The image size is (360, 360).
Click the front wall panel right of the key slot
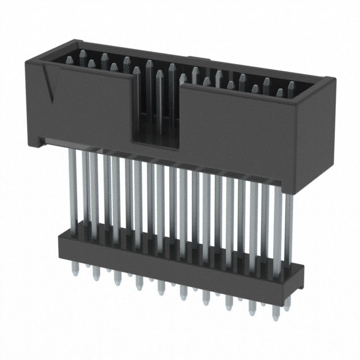[x=242, y=135]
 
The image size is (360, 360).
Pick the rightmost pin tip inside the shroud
[x=291, y=86]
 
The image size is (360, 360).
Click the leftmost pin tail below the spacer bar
[x=75, y=269]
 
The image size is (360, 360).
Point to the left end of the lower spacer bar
[x=60, y=242]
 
